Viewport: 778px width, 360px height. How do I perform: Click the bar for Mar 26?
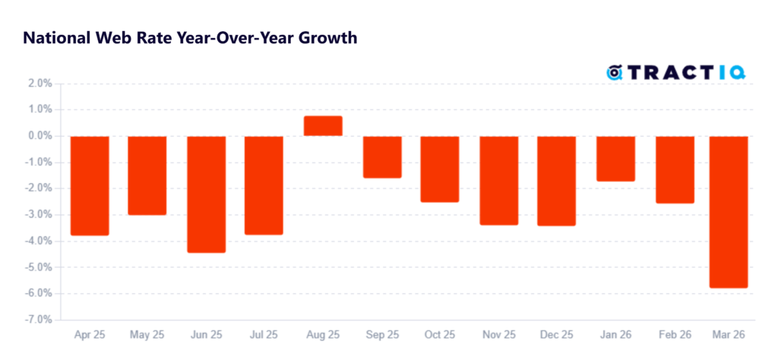[x=728, y=212]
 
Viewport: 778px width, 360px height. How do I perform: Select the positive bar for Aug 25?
[x=323, y=126]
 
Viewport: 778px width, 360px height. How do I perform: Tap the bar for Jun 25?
[x=206, y=194]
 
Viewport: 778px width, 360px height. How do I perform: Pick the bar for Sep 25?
[x=381, y=157]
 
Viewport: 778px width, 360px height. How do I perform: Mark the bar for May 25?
[x=147, y=175]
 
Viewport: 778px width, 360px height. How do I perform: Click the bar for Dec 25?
[x=557, y=181]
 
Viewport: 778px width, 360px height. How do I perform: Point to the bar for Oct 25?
[x=440, y=169]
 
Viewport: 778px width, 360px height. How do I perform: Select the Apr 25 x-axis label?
[x=89, y=335]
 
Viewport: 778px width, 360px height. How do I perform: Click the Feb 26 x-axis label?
[x=674, y=335]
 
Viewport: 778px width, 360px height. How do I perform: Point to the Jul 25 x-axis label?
[x=264, y=335]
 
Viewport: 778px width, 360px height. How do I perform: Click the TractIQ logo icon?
[x=615, y=73]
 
